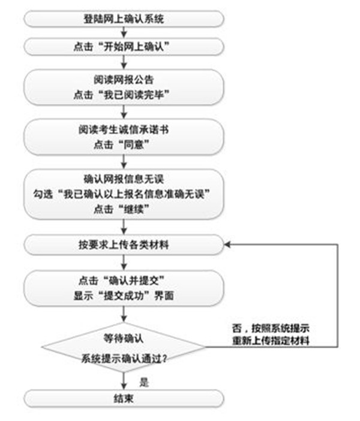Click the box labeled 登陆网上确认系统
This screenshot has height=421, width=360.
[x=124, y=19]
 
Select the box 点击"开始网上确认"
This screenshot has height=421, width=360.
[x=124, y=47]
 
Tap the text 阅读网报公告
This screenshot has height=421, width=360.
[x=124, y=79]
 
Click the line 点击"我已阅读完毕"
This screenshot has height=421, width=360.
[x=122, y=94]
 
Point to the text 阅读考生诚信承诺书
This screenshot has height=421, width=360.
[x=124, y=130]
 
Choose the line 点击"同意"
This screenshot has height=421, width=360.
[x=122, y=145]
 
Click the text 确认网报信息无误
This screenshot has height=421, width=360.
[x=124, y=179]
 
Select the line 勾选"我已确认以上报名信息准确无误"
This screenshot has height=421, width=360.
[x=122, y=194]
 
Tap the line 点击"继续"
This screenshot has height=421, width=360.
[x=122, y=209]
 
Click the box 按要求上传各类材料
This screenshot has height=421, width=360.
[x=124, y=244]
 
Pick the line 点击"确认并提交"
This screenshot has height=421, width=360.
[x=122, y=281]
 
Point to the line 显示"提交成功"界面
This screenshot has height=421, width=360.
[x=124, y=296]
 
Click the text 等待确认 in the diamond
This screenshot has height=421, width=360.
[x=124, y=338]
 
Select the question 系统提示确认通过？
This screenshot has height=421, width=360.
[x=124, y=359]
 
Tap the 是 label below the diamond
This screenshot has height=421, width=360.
[x=144, y=382]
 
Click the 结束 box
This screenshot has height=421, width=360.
[x=124, y=398]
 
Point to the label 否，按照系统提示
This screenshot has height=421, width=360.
[x=271, y=328]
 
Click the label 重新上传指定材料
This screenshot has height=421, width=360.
[x=271, y=341]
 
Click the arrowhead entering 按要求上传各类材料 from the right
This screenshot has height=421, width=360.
[x=227, y=244]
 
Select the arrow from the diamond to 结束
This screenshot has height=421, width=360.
[x=124, y=380]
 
